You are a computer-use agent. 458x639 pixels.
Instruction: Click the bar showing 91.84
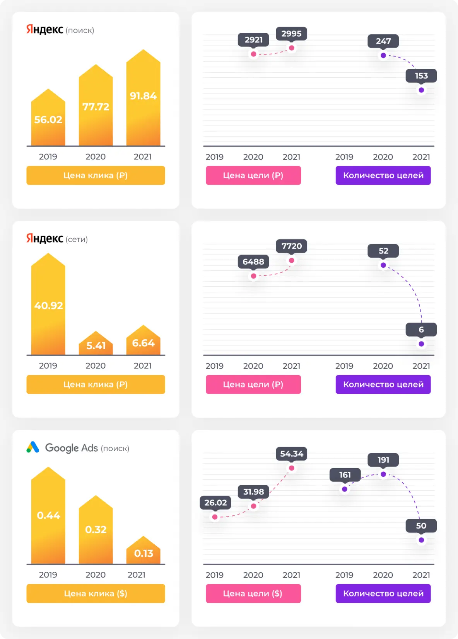click(x=143, y=100)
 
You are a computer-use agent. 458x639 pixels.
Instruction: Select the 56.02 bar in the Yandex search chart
click(x=48, y=120)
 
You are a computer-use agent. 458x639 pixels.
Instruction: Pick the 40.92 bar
click(x=48, y=305)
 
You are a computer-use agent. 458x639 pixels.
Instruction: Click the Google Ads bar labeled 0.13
click(x=143, y=552)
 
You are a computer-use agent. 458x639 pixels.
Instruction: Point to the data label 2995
click(x=291, y=34)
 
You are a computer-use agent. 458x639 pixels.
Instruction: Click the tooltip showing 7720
click(x=291, y=246)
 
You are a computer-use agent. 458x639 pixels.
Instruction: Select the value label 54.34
click(x=291, y=454)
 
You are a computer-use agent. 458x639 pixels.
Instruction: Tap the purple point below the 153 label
click(x=421, y=90)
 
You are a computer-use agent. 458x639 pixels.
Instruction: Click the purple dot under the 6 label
click(x=421, y=344)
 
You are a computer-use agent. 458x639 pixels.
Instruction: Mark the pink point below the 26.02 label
click(x=215, y=517)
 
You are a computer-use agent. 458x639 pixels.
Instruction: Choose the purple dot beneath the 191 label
click(x=383, y=474)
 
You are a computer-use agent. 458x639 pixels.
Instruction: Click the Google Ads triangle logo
click(x=33, y=447)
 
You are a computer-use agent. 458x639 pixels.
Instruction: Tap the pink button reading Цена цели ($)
click(x=253, y=593)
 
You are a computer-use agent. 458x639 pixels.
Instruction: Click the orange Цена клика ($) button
click(x=96, y=593)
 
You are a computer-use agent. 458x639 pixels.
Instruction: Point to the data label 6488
click(x=253, y=262)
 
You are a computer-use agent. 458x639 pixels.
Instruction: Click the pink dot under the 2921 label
click(x=253, y=54)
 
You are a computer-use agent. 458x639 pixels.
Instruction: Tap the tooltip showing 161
click(x=345, y=475)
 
